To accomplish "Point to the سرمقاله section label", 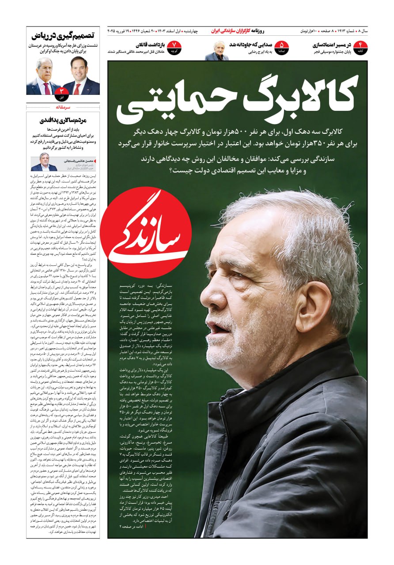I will pos(63,107).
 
